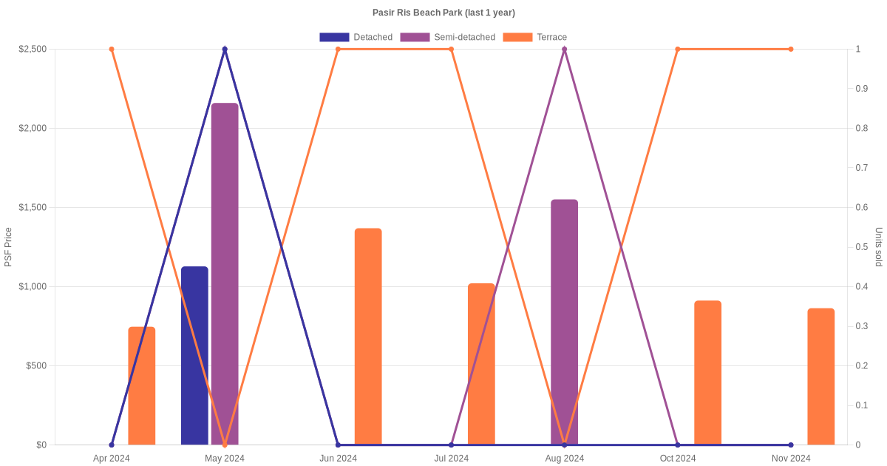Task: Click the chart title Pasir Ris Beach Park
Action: point(443,13)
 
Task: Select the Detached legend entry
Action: point(356,37)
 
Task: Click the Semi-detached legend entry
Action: point(447,37)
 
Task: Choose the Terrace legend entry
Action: point(534,37)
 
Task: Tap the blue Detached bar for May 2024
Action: point(194,355)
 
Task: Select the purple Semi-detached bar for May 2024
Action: point(225,274)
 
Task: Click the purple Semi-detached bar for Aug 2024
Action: point(564,322)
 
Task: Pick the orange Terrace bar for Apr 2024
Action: point(142,385)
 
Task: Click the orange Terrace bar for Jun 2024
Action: point(368,337)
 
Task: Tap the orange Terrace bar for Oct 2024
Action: point(707,373)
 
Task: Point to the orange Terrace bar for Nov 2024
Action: point(820,376)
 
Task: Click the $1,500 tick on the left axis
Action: point(32,207)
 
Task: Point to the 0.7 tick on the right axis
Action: point(860,168)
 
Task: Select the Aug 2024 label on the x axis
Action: point(564,458)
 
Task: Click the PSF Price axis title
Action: point(8,247)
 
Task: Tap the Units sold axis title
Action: point(879,247)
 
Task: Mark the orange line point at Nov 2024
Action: point(790,50)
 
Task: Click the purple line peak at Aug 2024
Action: point(564,50)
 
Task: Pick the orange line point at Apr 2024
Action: point(112,50)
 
